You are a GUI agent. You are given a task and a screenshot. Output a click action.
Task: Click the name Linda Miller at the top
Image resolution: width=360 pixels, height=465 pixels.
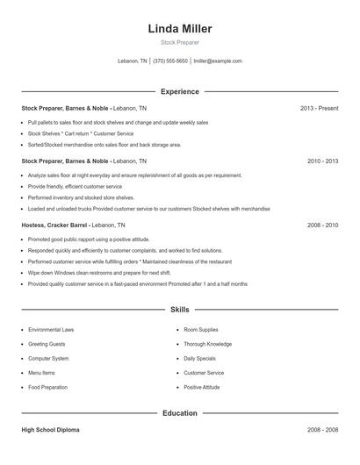coord(180,29)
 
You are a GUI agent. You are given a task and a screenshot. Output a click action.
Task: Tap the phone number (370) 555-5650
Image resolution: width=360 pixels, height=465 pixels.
coord(170,61)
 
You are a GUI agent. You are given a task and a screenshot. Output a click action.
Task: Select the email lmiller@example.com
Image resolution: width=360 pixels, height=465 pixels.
coord(218,61)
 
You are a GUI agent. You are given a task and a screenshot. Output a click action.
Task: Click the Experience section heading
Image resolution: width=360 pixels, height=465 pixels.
coord(180,91)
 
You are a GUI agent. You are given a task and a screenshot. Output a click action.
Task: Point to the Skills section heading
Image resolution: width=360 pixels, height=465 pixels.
coord(180,310)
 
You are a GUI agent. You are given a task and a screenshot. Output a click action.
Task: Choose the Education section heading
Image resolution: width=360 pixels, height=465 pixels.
coord(180,412)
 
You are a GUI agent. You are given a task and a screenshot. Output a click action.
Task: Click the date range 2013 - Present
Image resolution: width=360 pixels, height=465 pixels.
coord(319,109)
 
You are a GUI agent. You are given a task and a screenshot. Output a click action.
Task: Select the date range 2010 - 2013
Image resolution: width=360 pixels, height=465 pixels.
coord(322,161)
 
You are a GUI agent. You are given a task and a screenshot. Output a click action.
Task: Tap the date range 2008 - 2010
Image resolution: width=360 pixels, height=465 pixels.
coord(322,225)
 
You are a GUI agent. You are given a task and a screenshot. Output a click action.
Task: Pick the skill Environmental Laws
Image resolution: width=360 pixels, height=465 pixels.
coord(51,330)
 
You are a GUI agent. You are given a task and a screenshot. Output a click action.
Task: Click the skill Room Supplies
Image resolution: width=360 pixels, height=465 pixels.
coord(201,330)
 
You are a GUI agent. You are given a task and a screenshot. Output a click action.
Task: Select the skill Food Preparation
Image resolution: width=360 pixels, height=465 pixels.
coord(47,387)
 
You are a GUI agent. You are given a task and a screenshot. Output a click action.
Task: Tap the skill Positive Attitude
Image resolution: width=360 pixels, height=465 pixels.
coord(202,387)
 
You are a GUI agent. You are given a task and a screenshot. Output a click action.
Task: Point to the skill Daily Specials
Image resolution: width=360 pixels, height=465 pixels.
coord(200,358)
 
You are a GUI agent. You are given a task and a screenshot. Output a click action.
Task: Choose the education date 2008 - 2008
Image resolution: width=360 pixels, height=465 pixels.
coord(322,431)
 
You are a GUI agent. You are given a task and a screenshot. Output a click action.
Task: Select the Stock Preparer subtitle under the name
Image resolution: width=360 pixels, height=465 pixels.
coord(180,42)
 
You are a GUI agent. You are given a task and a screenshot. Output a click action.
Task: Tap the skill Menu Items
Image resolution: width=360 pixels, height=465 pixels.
coord(42,372)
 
